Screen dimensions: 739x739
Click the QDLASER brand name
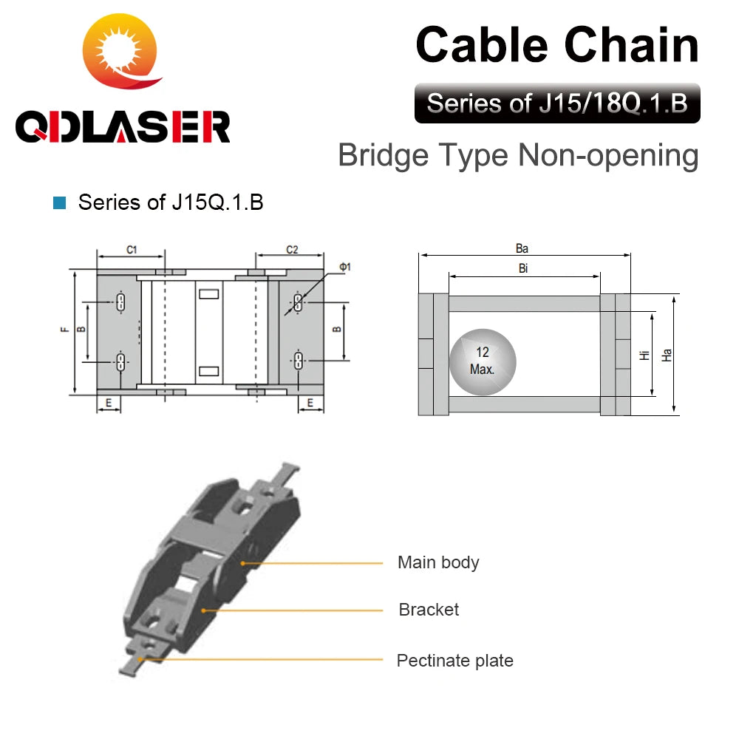tap(123, 126)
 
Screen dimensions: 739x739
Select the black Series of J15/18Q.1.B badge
tap(557, 103)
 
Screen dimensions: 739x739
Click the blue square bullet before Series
tap(60, 202)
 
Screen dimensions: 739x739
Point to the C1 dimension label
tap(132, 250)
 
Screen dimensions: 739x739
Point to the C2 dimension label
tap(292, 250)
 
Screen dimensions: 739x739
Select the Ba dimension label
tap(522, 249)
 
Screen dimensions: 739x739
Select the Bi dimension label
tap(523, 268)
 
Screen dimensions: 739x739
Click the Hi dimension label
tap(644, 355)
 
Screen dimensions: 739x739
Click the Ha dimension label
tap(667, 355)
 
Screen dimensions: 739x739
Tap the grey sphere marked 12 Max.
tap(483, 361)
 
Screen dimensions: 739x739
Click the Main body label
tap(438, 562)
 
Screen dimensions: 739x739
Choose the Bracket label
tap(429, 610)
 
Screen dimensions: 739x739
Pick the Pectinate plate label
tap(454, 661)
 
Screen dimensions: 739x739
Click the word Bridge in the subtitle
tap(383, 156)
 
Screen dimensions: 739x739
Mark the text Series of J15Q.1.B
tap(171, 202)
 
